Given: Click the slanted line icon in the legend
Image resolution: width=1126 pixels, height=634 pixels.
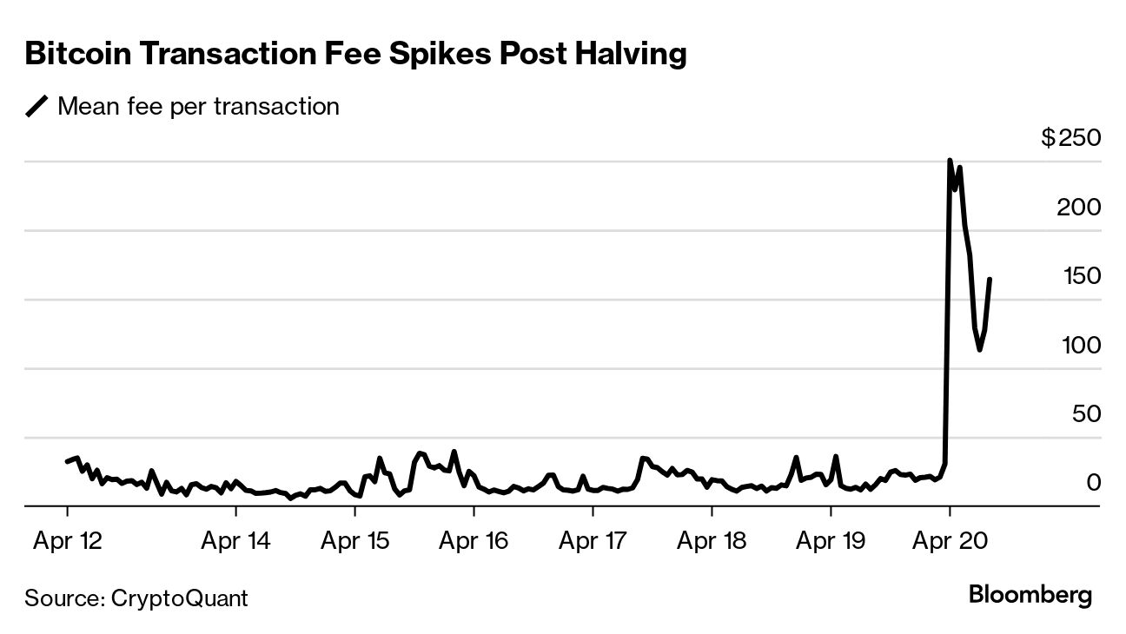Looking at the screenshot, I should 37,107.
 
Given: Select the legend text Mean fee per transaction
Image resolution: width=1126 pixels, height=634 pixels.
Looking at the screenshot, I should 198,107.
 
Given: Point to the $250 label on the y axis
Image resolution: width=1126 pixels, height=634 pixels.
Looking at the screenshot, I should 1071,138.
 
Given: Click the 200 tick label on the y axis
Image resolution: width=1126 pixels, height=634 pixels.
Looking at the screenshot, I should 1078,208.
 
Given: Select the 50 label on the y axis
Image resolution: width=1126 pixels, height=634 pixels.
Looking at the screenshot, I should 1084,414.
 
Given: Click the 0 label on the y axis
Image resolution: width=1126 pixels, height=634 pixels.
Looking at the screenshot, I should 1093,483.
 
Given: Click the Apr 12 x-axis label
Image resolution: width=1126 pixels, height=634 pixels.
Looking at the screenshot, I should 68,541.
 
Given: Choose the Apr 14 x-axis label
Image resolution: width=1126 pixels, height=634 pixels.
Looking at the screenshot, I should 235,541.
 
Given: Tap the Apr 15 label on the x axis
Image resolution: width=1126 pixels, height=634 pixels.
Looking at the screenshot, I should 354,541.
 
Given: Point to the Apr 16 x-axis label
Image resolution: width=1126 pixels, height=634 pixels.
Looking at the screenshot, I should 474,541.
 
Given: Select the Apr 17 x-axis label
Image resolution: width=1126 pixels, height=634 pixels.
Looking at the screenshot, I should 593,541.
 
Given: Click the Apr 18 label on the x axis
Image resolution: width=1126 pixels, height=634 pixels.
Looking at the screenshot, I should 712,541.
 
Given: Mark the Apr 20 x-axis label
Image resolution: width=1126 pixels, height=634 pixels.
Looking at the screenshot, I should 950,541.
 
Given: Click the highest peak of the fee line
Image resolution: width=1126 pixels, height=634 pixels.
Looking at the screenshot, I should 950,161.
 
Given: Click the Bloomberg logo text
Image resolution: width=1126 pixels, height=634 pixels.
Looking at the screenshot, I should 1030,596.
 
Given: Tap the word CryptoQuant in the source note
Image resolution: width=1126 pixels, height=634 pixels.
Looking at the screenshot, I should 180,598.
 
